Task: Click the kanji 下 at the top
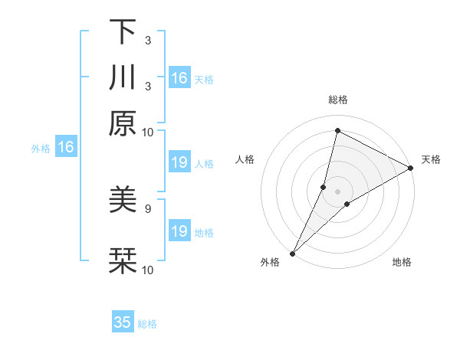(x=123, y=32)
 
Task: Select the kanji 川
(x=123, y=78)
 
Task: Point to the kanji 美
(x=123, y=201)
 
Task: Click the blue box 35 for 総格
(x=123, y=322)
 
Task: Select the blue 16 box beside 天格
(x=179, y=78)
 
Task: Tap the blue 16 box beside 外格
(x=66, y=148)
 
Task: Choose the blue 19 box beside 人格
(x=179, y=162)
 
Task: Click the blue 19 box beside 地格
(x=179, y=231)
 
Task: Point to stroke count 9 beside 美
(x=147, y=208)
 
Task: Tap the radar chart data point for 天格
(x=411, y=169)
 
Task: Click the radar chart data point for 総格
(x=337, y=131)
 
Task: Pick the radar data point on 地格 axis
(x=347, y=204)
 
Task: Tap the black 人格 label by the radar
(x=245, y=159)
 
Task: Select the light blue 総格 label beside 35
(x=147, y=324)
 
